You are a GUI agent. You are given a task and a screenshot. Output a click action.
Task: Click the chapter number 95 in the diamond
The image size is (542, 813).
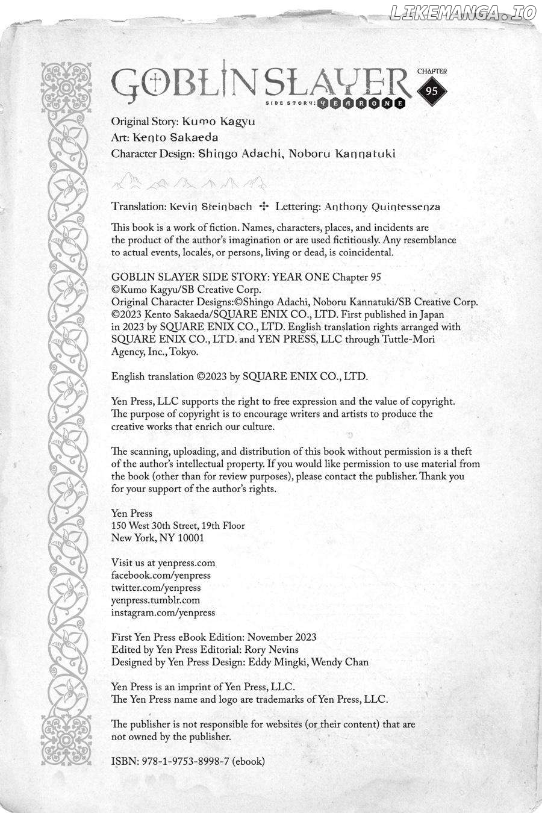pyautogui.click(x=431, y=91)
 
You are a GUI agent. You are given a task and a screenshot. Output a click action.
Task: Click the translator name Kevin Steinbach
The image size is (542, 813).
pyautogui.click(x=211, y=206)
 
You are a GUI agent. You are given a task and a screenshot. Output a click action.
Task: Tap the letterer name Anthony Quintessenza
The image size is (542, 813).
pyautogui.click(x=382, y=207)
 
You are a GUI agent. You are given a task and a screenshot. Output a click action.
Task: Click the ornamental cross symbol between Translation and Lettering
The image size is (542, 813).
pyautogui.click(x=263, y=206)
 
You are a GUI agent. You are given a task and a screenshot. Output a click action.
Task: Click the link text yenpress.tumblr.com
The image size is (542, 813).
pyautogui.click(x=155, y=600)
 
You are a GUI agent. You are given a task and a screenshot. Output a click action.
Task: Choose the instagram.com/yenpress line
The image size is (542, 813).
pyautogui.click(x=163, y=612)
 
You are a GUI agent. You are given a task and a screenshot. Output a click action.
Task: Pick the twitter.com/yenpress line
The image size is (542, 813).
pyautogui.click(x=156, y=588)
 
